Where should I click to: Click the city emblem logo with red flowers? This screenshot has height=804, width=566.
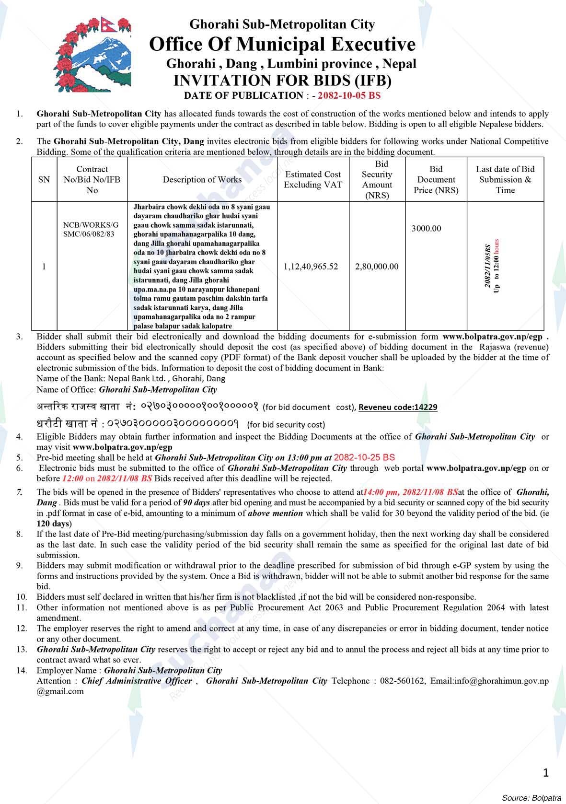(x=92, y=54)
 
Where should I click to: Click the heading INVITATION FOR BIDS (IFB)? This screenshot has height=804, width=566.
(x=282, y=80)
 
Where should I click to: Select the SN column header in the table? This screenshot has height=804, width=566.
(x=44, y=180)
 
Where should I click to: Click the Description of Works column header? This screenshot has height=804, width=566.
(x=202, y=180)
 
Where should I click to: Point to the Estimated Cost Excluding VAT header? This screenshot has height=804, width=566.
(x=313, y=180)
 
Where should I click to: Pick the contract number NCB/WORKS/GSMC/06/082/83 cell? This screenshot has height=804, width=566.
(x=91, y=229)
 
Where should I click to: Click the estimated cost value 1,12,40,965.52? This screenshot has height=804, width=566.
(x=311, y=267)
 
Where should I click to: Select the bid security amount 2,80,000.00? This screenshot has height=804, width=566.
(x=377, y=267)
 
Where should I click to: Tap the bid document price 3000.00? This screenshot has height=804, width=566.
(x=426, y=229)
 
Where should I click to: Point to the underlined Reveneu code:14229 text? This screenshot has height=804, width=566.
(x=398, y=407)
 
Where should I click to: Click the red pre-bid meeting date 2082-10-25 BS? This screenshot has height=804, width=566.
(x=364, y=457)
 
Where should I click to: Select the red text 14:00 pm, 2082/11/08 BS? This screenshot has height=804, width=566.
(x=411, y=492)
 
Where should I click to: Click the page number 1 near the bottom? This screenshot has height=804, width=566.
(x=546, y=772)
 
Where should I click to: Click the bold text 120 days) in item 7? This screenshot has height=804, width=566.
(x=54, y=523)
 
